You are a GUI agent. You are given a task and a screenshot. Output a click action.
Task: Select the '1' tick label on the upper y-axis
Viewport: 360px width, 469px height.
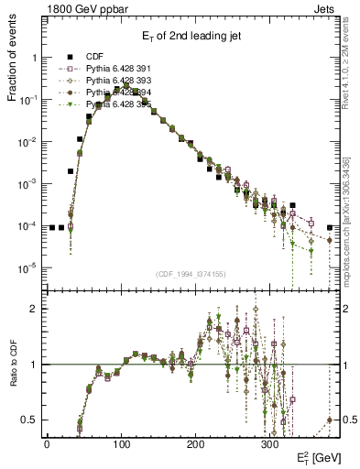tap(34, 57)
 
